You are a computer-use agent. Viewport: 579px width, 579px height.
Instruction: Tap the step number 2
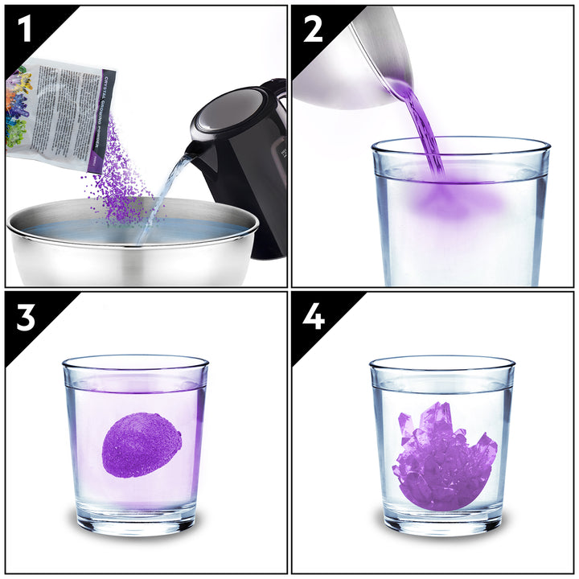pos(313,30)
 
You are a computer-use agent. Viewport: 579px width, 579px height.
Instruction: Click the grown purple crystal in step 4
pos(442,454)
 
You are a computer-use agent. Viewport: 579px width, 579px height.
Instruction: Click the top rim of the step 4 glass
pos(442,364)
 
